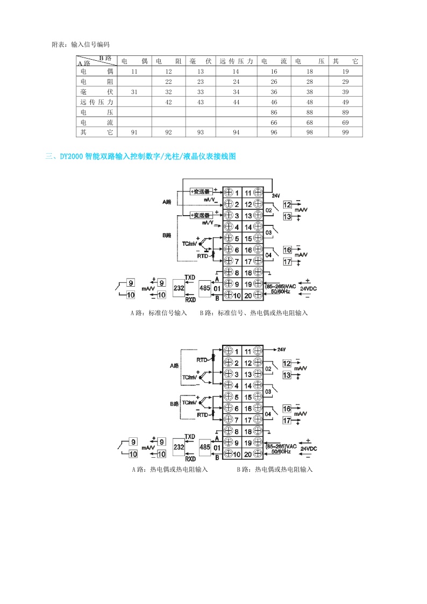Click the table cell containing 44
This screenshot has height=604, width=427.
(236, 102)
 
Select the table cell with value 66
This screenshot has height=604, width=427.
(274, 123)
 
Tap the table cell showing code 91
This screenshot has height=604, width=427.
(134, 132)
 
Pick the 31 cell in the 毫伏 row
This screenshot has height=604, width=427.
(134, 92)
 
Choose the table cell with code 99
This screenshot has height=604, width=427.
(345, 132)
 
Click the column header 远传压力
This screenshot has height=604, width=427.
(236, 61)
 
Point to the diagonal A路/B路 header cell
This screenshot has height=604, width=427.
(96, 60)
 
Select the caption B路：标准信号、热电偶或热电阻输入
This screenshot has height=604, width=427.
(254, 312)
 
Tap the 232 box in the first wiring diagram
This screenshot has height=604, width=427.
(178, 289)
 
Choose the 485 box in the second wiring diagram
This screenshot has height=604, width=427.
(204, 446)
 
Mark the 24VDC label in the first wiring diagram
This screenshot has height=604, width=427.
(308, 288)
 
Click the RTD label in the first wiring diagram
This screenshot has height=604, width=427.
(202, 257)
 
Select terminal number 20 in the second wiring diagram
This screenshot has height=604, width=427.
(248, 454)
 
